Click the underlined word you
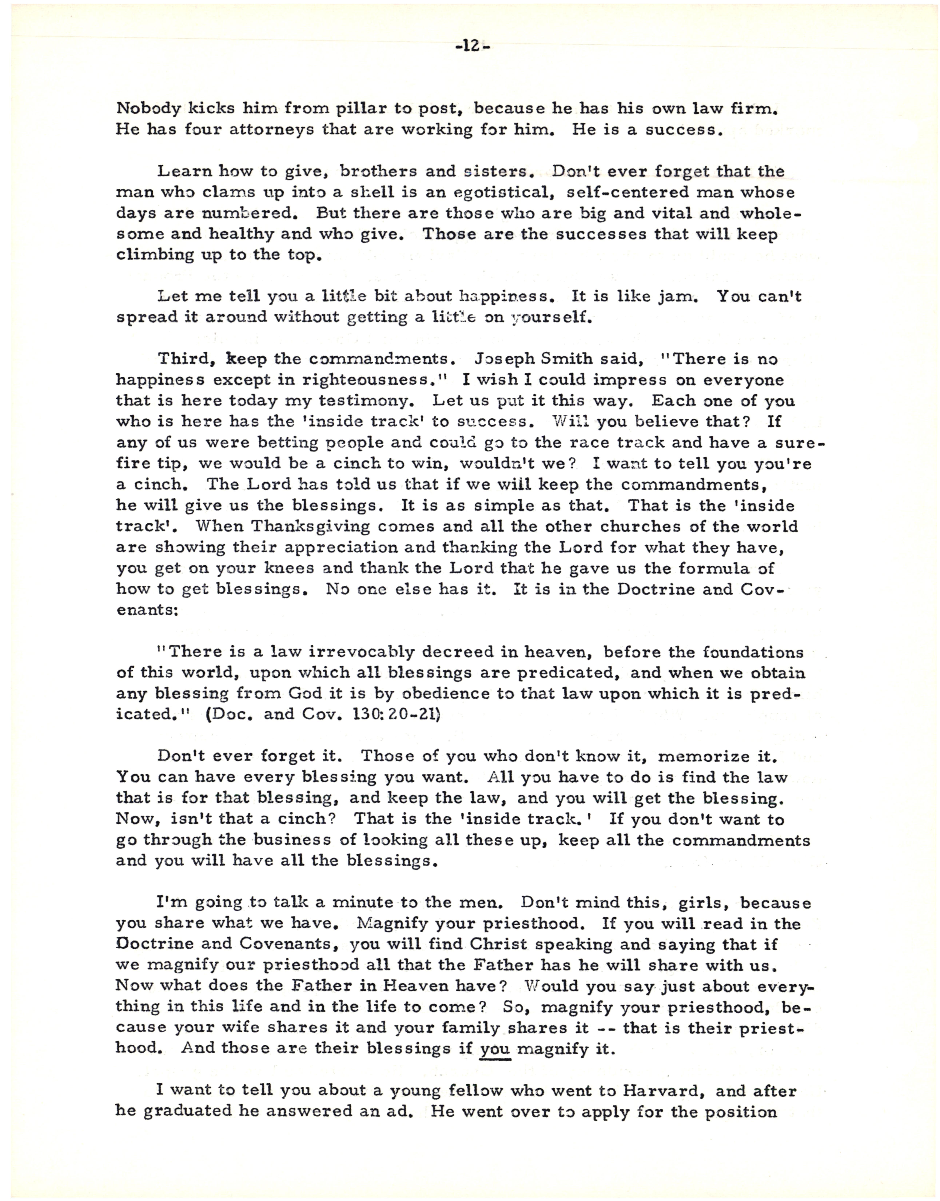click(495, 1049)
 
